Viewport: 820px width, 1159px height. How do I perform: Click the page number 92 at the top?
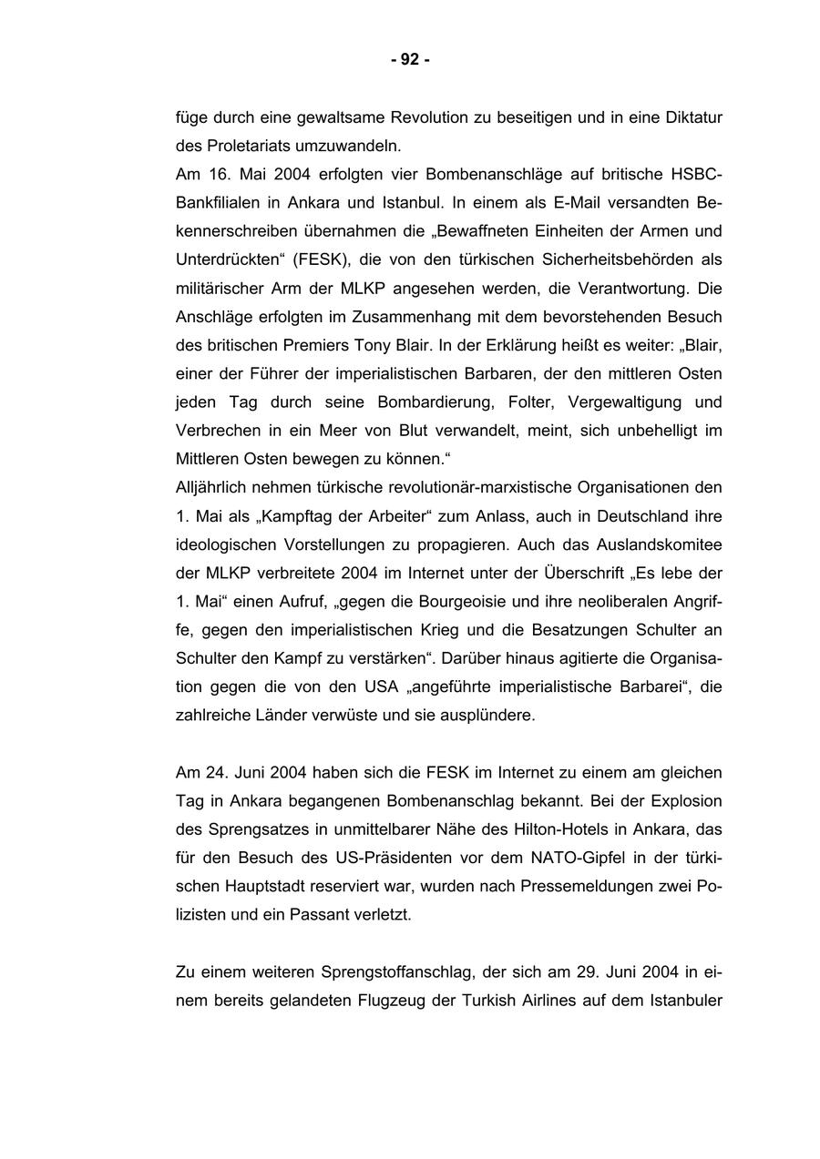(410, 60)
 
